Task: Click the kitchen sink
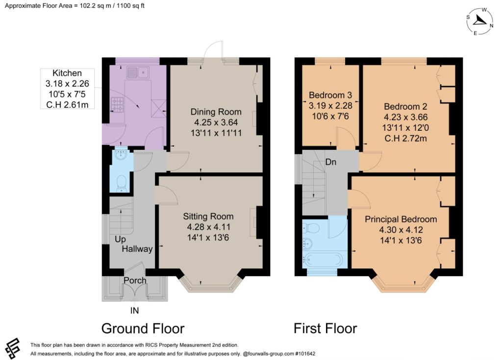click(138, 72)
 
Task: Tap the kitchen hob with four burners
click(117, 105)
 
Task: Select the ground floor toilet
click(122, 184)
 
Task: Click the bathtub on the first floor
click(323, 260)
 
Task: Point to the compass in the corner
click(479, 21)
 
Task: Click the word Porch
click(135, 280)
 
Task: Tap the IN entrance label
click(134, 311)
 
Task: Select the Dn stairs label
click(331, 162)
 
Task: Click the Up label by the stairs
click(120, 240)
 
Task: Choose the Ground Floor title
click(143, 329)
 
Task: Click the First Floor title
click(326, 329)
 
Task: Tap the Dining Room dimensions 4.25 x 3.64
click(216, 122)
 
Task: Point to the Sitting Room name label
click(208, 216)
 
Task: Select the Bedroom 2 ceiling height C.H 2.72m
click(405, 138)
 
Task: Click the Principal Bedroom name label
click(401, 219)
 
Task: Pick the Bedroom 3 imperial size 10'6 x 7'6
click(330, 116)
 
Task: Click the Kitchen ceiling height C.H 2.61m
click(67, 105)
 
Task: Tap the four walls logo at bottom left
click(12, 348)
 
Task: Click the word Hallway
click(137, 249)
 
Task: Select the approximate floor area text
click(75, 6)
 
